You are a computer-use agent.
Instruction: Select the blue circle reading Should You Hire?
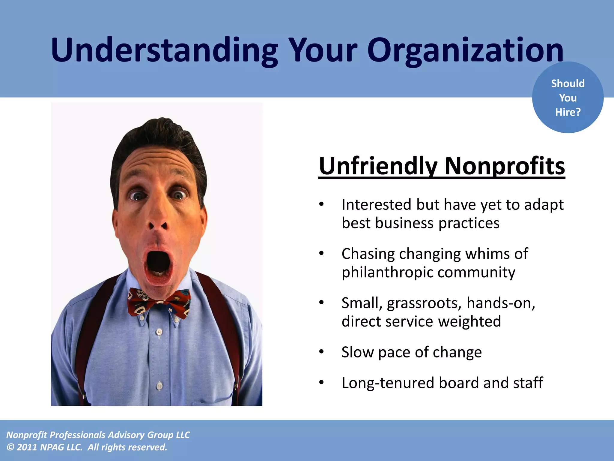[568, 97]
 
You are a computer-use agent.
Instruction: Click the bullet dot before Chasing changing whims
[321, 254]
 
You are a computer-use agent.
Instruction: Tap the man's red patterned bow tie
[159, 302]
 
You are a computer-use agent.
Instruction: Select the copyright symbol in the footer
[10, 447]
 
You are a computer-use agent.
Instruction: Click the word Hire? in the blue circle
[568, 112]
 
